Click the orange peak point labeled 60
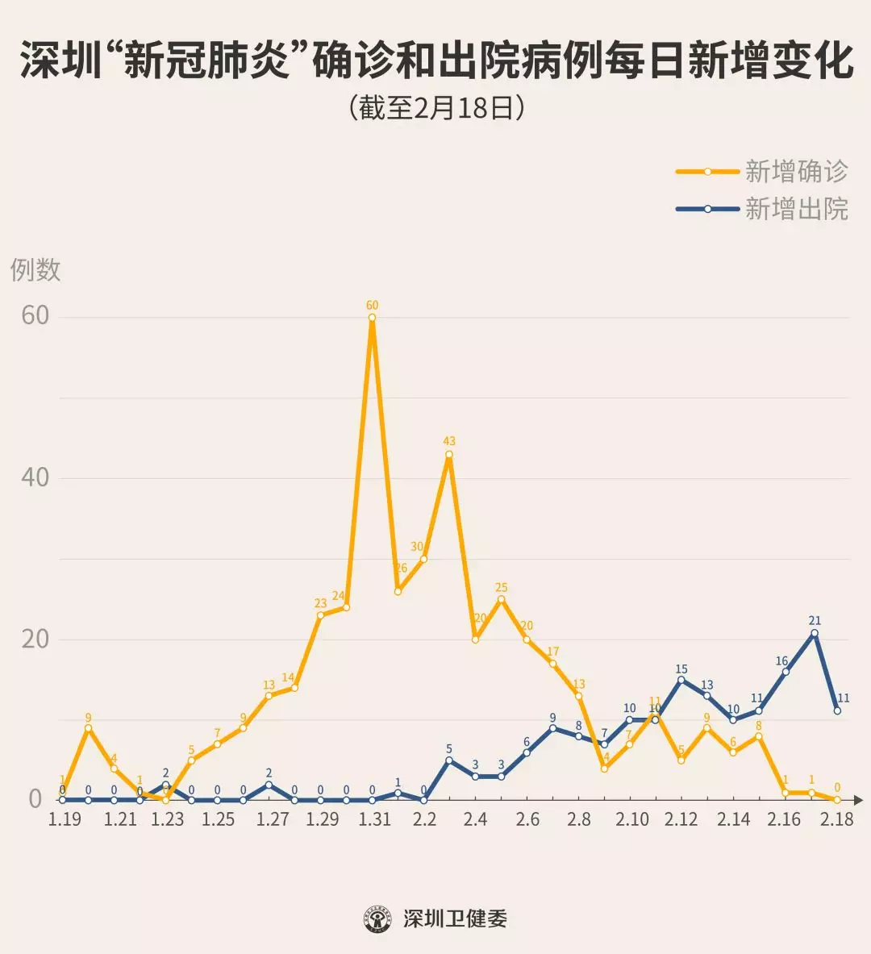tap(372, 317)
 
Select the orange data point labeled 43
tap(449, 454)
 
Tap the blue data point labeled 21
tap(815, 633)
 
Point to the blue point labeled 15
tap(681, 680)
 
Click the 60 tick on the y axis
tap(35, 315)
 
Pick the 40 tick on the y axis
tap(35, 477)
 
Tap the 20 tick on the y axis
tap(35, 639)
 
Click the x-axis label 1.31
tap(374, 819)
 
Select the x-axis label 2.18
tap(836, 819)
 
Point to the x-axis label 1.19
tap(65, 819)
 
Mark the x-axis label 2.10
tap(632, 819)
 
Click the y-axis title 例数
tap(35, 269)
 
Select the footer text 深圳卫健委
tap(455, 919)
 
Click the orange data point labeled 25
tap(501, 599)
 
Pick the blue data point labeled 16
tap(786, 672)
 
